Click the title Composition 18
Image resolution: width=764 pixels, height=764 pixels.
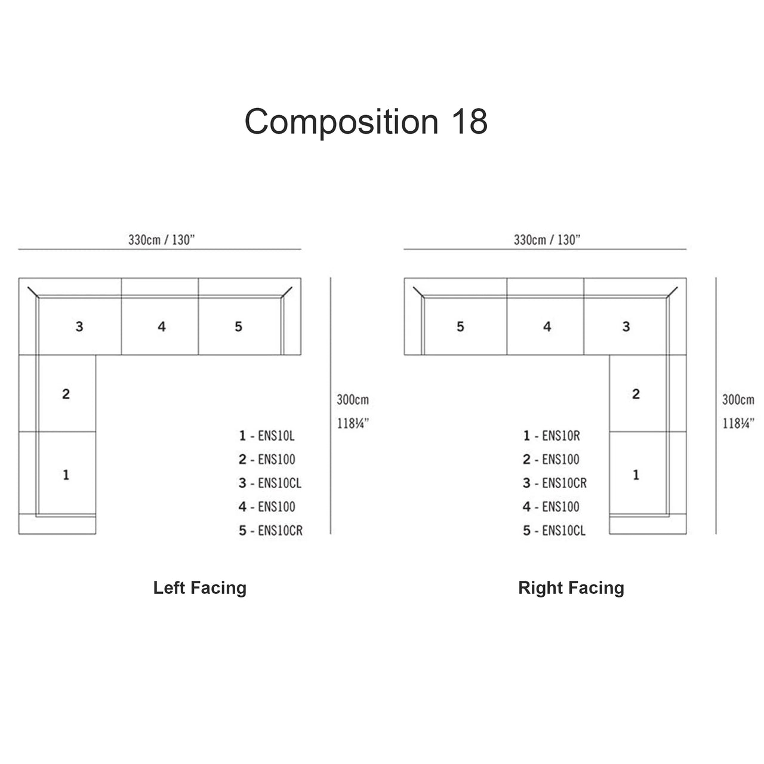click(366, 122)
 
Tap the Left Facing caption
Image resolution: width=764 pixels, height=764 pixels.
click(200, 588)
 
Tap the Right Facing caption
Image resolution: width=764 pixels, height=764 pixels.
click(571, 588)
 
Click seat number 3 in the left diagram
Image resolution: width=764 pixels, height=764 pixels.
click(79, 326)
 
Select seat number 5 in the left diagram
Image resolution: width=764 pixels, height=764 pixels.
click(239, 326)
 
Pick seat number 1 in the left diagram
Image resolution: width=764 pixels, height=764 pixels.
click(66, 475)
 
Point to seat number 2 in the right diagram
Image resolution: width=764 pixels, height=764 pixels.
click(636, 394)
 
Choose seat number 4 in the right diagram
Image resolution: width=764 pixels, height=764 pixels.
click(547, 326)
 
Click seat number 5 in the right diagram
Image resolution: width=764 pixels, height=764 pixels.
click(460, 326)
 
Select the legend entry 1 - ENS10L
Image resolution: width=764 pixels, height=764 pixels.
click(267, 436)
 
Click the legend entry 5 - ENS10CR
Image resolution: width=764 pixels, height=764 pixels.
click(270, 531)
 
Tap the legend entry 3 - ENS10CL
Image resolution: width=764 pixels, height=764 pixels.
click(270, 483)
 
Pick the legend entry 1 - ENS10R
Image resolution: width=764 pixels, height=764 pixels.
click(552, 436)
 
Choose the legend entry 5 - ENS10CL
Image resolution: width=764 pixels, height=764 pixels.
click(554, 531)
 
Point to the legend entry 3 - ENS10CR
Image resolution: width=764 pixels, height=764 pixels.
click(554, 483)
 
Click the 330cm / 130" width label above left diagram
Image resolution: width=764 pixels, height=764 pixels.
click(162, 240)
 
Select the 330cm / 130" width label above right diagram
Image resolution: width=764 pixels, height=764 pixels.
click(547, 240)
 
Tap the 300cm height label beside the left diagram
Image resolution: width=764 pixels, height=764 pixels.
click(353, 400)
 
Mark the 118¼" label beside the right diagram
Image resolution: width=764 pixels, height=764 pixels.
click(738, 424)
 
